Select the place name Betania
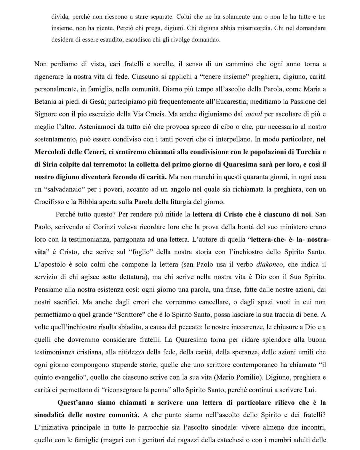coord(46,102)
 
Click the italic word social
coord(253,114)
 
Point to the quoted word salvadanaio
coord(65,190)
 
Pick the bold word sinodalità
coord(50,415)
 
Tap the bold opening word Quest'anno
coord(75,403)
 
